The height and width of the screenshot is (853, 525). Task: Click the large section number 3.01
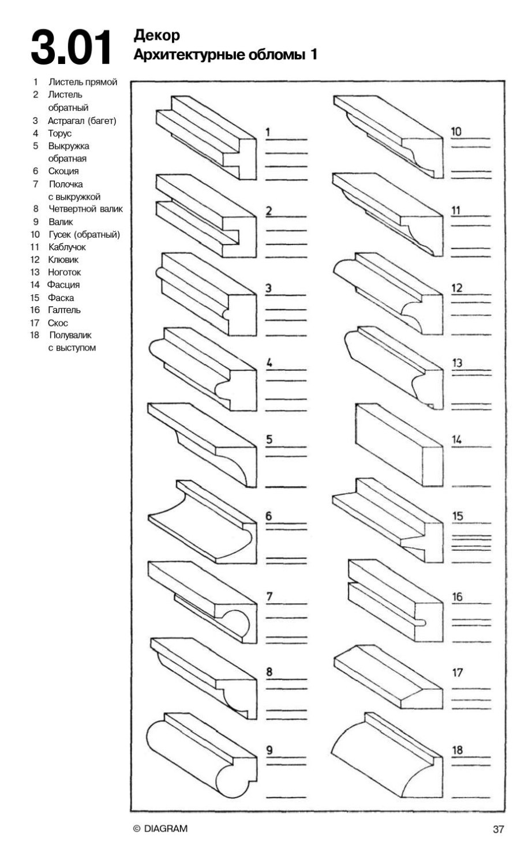(x=70, y=48)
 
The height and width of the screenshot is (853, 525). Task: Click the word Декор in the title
(x=156, y=36)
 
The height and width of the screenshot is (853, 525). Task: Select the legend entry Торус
(x=59, y=133)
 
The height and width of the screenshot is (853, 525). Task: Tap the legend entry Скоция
(x=63, y=171)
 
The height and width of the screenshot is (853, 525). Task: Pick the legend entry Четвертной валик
(x=85, y=209)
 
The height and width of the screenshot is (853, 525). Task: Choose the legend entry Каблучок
(x=66, y=247)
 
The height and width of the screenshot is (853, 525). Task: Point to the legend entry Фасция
(x=63, y=284)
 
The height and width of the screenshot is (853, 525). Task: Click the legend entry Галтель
(x=64, y=310)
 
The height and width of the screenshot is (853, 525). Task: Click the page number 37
(x=498, y=829)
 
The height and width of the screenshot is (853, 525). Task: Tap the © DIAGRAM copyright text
(x=160, y=829)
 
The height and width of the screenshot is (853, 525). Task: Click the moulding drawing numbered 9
(x=199, y=756)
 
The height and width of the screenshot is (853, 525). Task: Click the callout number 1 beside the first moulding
(x=267, y=133)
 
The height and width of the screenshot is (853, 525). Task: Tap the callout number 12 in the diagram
(x=456, y=288)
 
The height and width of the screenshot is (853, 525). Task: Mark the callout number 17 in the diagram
(x=457, y=672)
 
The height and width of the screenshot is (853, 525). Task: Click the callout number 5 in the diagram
(x=269, y=440)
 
